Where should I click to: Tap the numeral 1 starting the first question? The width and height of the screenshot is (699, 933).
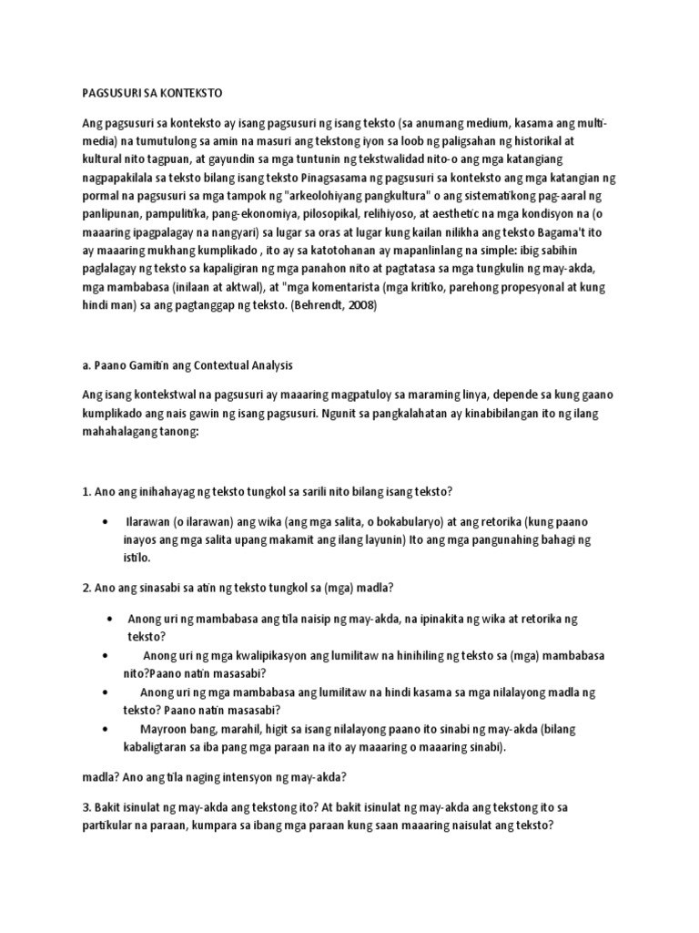click(86, 492)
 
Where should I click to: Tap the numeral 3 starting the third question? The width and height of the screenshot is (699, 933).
click(86, 807)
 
